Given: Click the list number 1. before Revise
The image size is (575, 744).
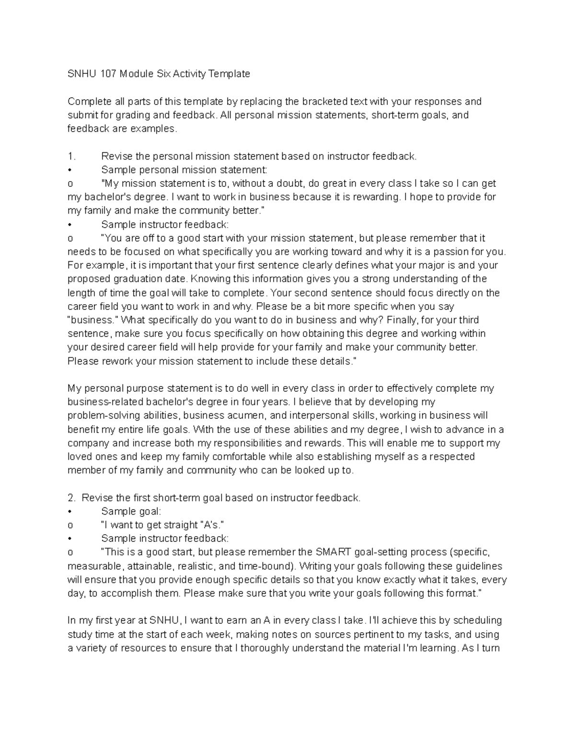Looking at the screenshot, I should pyautogui.click(x=72, y=156).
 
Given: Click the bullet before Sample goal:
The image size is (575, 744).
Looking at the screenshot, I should pyautogui.click(x=70, y=512).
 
